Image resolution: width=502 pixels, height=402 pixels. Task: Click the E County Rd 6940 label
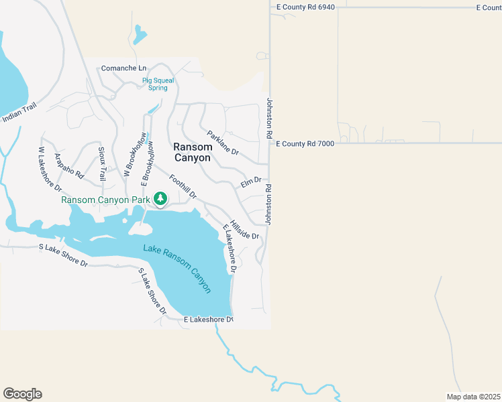point(305,7)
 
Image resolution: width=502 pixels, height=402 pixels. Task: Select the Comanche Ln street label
point(123,68)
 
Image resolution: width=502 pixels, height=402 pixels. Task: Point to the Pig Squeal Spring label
point(158,84)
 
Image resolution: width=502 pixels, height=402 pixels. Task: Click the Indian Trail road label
point(17,115)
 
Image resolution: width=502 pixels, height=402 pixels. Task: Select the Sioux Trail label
point(102,163)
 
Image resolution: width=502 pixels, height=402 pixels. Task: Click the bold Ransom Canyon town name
point(192,152)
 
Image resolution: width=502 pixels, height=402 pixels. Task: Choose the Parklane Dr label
point(223,142)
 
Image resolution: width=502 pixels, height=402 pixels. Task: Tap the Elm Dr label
point(250,182)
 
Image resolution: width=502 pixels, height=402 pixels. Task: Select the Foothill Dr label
point(183,187)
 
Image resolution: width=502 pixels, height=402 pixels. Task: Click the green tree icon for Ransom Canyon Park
point(160,199)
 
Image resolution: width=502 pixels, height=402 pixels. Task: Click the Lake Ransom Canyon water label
point(177,268)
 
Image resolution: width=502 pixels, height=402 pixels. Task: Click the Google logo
point(22,394)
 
